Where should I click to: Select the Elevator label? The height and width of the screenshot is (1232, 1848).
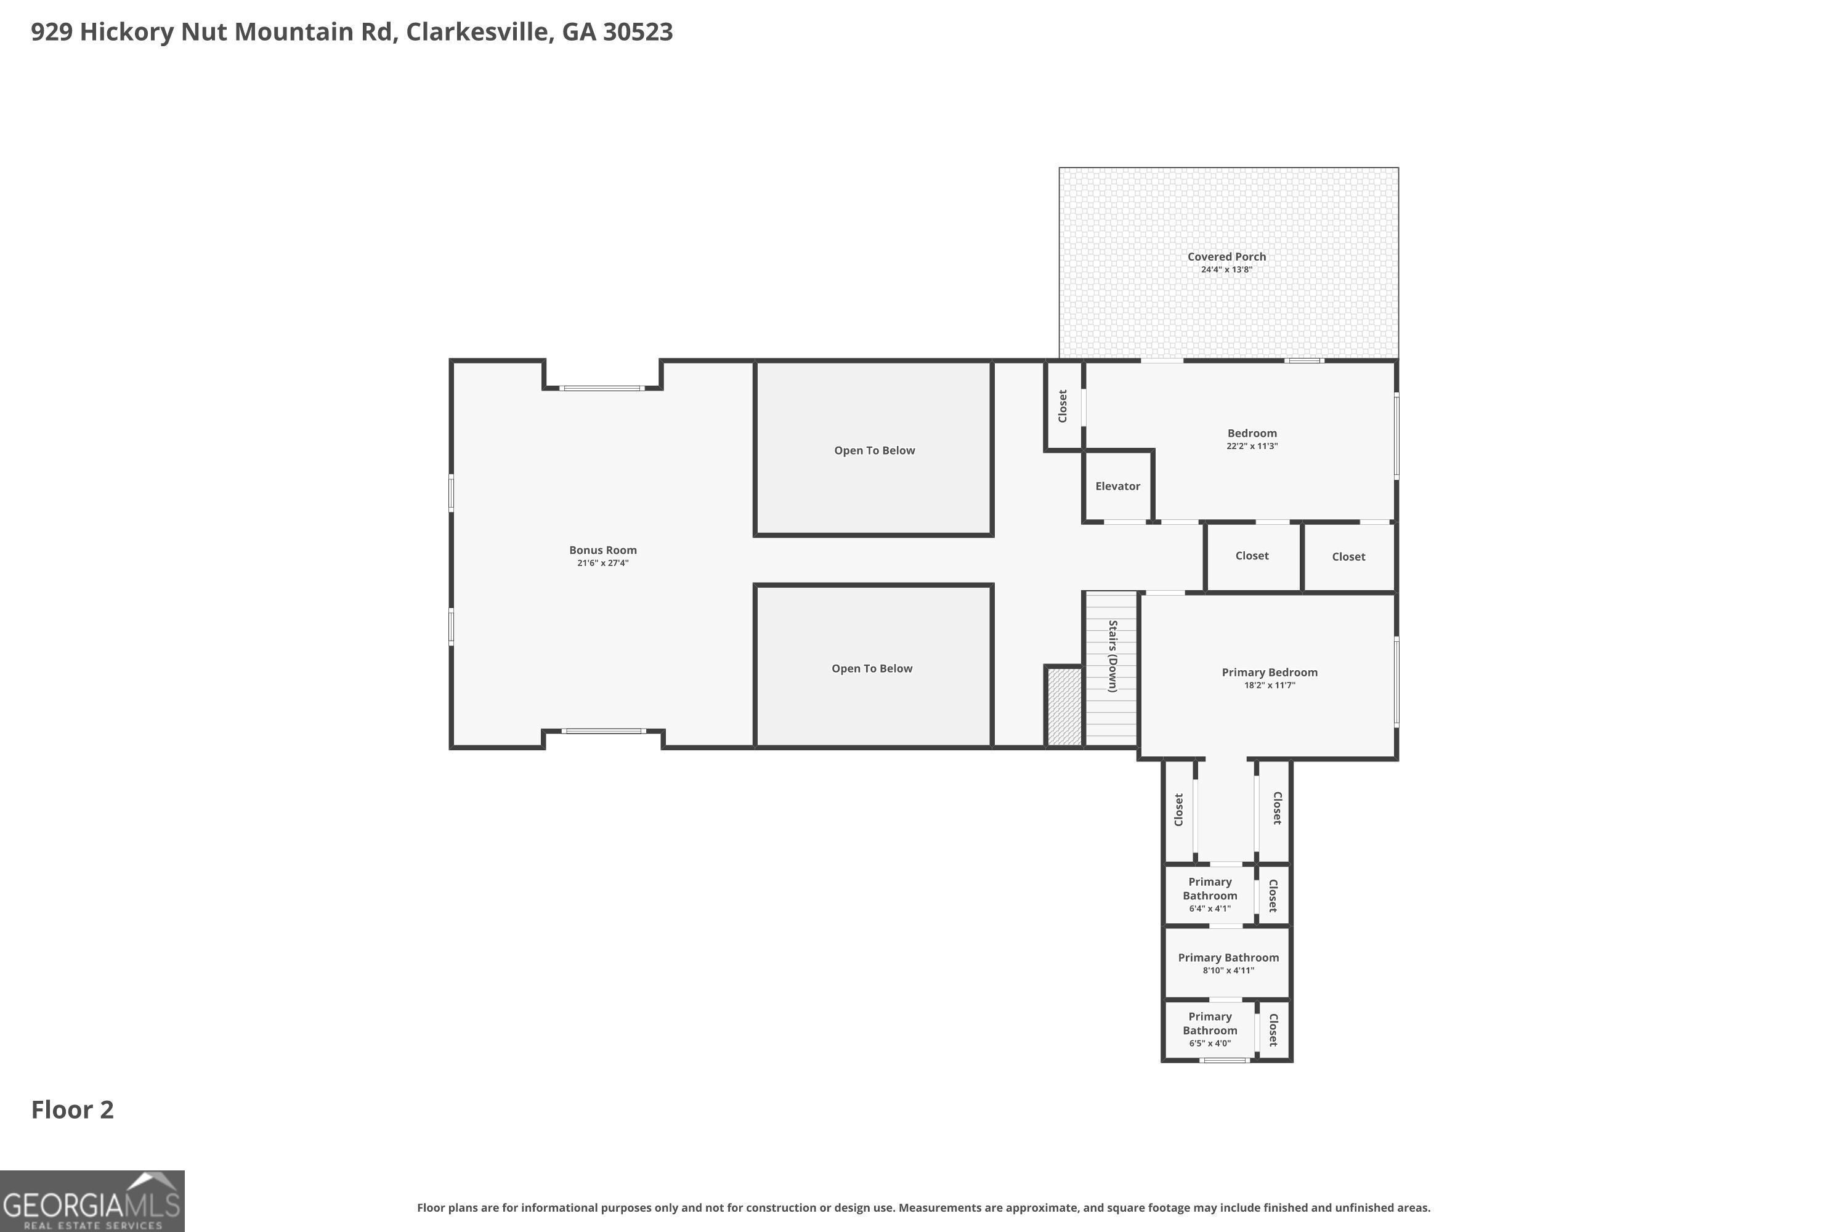pyautogui.click(x=1117, y=487)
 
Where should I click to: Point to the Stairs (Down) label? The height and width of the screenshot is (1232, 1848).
pyautogui.click(x=1112, y=656)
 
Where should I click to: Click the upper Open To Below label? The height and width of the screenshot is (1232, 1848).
pyautogui.click(x=875, y=450)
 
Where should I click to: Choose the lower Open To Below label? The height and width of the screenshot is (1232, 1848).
pyautogui.click(x=872, y=668)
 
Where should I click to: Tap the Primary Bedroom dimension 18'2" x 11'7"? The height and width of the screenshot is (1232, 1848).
pyautogui.click(x=1270, y=685)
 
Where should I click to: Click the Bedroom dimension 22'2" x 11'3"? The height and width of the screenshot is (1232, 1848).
pyautogui.click(x=1252, y=446)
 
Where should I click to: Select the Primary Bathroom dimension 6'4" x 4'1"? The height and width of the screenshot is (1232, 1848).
pyautogui.click(x=1210, y=908)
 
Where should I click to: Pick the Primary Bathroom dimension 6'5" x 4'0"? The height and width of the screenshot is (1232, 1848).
pyautogui.click(x=1210, y=1044)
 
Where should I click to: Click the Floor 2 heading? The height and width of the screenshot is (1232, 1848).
pyautogui.click(x=72, y=1109)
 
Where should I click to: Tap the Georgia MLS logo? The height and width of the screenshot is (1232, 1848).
pyautogui.click(x=92, y=1201)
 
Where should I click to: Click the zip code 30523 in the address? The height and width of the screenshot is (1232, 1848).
pyautogui.click(x=638, y=31)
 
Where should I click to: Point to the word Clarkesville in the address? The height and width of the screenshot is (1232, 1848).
pyautogui.click(x=477, y=31)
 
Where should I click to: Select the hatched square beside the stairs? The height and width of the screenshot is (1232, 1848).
pyautogui.click(x=1064, y=705)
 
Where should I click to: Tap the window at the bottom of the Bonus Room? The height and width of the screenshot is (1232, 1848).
pyautogui.click(x=604, y=732)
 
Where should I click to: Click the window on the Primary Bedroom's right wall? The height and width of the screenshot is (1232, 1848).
pyautogui.click(x=1396, y=681)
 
